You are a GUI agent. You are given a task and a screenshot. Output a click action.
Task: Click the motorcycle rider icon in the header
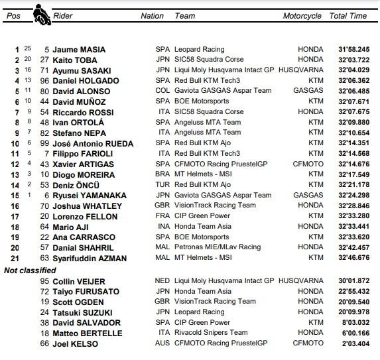pos(40,15)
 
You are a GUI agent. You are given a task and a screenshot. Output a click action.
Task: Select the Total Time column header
pos(348,16)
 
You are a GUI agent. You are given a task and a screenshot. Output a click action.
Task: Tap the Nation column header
pos(152,16)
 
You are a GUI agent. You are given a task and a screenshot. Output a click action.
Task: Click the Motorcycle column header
pos(302,16)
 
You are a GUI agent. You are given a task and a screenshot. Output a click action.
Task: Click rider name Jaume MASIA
pos(79,49)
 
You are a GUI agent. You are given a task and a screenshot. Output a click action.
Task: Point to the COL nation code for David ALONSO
pos(162,91)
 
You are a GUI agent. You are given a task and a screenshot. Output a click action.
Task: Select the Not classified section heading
pos(29,270)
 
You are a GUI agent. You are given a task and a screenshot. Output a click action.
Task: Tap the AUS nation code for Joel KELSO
pos(162,343)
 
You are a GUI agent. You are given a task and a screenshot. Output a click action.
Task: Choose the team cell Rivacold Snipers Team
pos(211,333)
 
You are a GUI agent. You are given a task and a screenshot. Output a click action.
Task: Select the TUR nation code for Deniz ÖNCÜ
pos(162,185)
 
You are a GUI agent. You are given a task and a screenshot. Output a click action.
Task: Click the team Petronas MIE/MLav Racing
pos(218,248)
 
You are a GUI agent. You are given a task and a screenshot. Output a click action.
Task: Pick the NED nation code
pos(162,281)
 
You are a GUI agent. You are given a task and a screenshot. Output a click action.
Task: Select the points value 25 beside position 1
pos(27,48)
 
